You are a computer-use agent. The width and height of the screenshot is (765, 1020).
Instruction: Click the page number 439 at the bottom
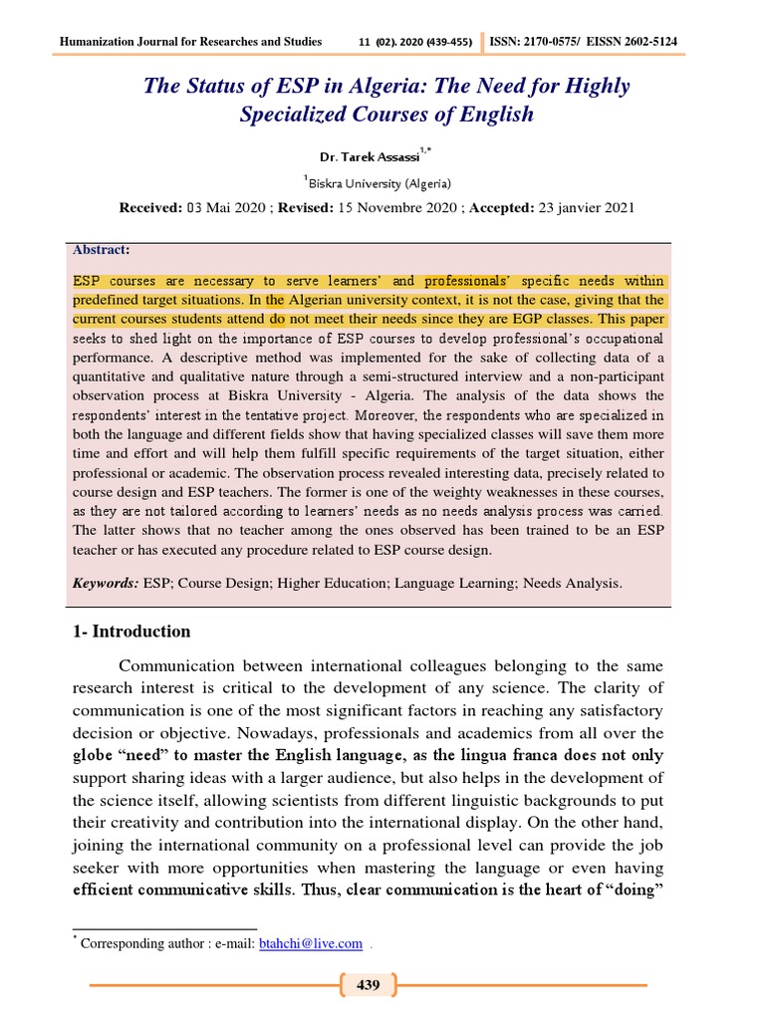pyautogui.click(x=368, y=985)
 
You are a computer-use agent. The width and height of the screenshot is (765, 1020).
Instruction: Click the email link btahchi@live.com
pyautogui.click(x=310, y=943)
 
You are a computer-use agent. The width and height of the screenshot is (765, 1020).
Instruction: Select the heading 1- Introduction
pyautogui.click(x=131, y=632)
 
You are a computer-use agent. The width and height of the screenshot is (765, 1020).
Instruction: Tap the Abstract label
pyautogui.click(x=101, y=250)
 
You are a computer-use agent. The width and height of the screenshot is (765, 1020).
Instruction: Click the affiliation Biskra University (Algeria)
pyautogui.click(x=380, y=183)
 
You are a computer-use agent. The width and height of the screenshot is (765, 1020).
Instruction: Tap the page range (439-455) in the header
pyautogui.click(x=450, y=42)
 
